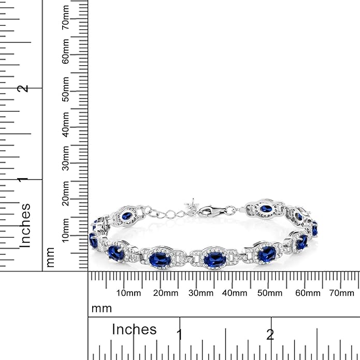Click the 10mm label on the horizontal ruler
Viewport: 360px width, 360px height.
pos(128,293)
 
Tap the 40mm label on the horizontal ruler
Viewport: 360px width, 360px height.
pos(235,293)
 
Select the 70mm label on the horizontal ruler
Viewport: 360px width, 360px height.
pos(341,293)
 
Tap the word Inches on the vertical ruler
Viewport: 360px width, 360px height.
pos(25,225)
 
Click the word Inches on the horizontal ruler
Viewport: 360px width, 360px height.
pos(134,329)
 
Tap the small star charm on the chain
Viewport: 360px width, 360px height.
pos(193,203)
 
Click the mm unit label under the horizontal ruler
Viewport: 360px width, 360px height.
pos(102,309)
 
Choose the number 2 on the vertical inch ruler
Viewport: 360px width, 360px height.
pos(23,88)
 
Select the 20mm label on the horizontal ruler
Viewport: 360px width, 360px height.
pos(164,293)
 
